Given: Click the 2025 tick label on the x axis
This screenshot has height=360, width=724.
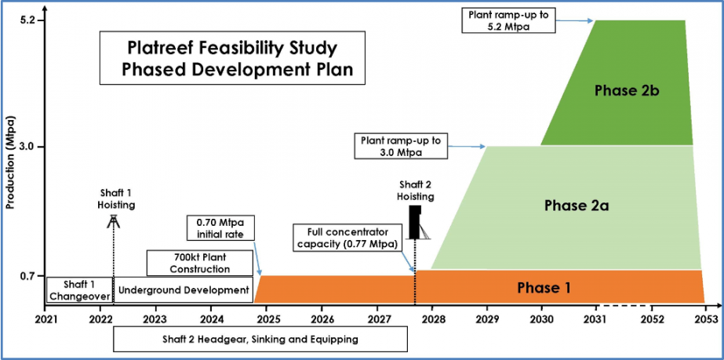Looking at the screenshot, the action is click(267, 318).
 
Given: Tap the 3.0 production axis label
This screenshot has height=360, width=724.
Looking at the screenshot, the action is click(27, 147).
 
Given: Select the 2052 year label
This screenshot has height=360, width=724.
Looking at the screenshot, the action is click(652, 318).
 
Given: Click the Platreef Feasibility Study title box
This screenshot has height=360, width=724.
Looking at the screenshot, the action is click(232, 58).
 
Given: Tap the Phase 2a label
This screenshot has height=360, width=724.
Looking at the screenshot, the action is click(577, 205).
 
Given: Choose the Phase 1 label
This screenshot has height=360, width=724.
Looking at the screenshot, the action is click(544, 288).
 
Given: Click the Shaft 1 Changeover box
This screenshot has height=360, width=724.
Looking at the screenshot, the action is click(80, 290).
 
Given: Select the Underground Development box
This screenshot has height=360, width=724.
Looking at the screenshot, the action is click(184, 290).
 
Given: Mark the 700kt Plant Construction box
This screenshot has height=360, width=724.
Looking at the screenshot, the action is click(200, 263).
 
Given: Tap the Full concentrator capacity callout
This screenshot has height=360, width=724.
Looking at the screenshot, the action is click(349, 236).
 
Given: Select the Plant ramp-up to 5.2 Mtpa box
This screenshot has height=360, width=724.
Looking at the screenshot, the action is click(508, 20).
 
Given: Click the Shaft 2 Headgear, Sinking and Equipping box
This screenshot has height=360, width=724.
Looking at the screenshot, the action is click(260, 340).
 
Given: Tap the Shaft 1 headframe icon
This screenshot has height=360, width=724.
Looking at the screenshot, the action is click(113, 221).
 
